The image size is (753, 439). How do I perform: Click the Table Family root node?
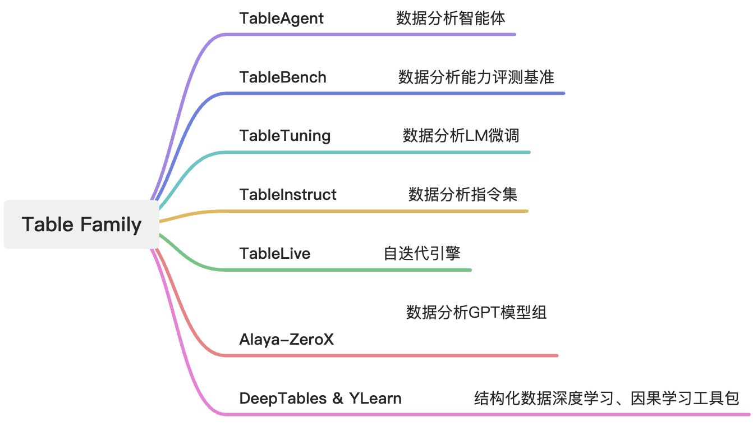(81, 225)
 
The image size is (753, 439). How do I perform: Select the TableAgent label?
(281, 18)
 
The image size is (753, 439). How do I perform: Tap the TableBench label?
(283, 77)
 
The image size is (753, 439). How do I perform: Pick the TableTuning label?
(284, 136)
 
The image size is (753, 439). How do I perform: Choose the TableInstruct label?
(288, 195)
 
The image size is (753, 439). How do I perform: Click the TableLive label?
(274, 254)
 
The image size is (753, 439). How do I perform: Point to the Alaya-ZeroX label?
(286, 340)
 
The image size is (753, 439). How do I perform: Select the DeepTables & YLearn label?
(320, 399)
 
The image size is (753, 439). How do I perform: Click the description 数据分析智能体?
(451, 18)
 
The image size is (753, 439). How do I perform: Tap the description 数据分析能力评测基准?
(476, 77)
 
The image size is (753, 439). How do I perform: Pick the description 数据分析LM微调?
(461, 136)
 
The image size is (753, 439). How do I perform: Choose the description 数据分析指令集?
(463, 195)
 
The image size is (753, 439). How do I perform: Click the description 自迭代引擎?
(422, 254)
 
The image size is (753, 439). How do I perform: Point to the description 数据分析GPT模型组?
(476, 313)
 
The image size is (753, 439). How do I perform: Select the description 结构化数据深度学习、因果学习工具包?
(607, 399)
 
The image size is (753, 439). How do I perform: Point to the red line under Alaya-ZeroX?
(393, 355)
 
